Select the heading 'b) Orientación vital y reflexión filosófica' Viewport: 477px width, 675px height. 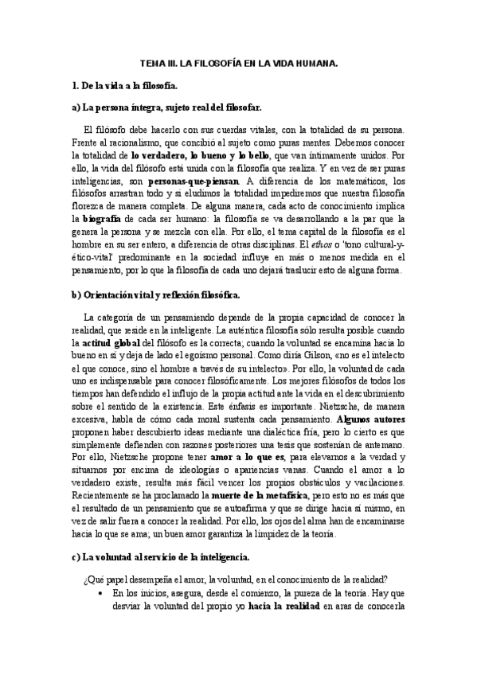(x=155, y=295)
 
